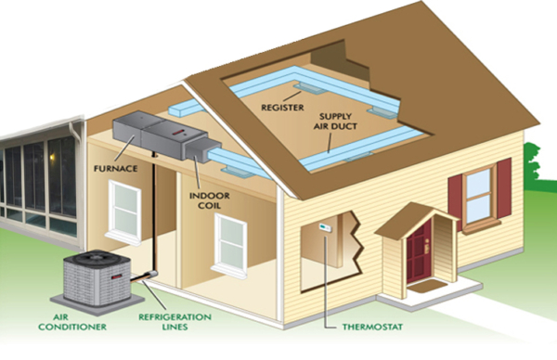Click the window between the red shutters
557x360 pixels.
(x=479, y=193)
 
